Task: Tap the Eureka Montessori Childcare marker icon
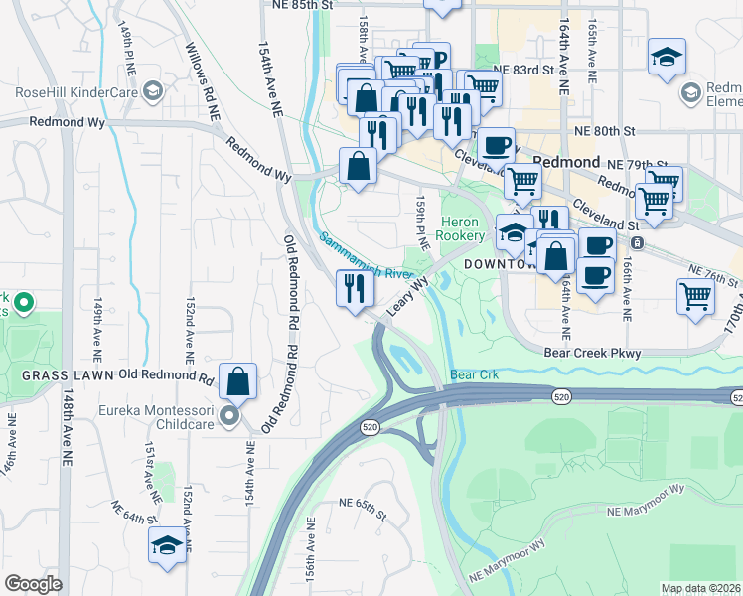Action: (x=229, y=417)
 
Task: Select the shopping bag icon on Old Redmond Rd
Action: (x=238, y=380)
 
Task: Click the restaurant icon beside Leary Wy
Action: (x=355, y=289)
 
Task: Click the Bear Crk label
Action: (x=473, y=375)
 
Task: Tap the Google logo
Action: (x=33, y=584)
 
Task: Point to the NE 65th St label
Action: (x=361, y=509)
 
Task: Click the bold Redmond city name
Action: (x=566, y=162)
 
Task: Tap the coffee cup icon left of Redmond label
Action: (x=496, y=146)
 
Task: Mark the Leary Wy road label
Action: (x=406, y=297)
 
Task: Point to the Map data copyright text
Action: (x=701, y=588)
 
